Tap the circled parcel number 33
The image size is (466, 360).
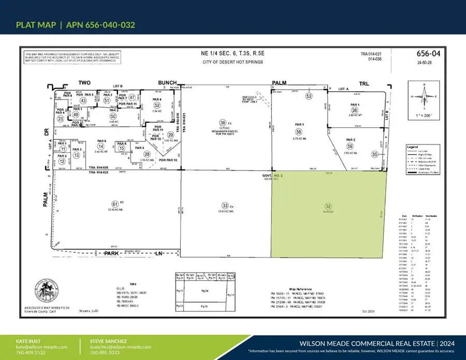pyautogui.click(x=225, y=205)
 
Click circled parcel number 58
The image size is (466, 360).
pyautogui.click(x=298, y=132)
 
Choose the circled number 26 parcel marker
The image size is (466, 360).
pyautogui.click(x=355, y=110)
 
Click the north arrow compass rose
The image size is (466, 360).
pyautogui.click(x=425, y=96)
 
